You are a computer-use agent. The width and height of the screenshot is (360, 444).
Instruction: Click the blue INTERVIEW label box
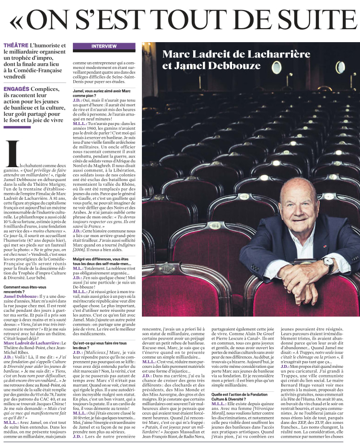tap(104, 46)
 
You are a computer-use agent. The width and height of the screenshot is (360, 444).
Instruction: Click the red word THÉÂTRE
tap(15, 46)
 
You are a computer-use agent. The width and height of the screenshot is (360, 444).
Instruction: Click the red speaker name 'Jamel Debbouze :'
tap(23, 297)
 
